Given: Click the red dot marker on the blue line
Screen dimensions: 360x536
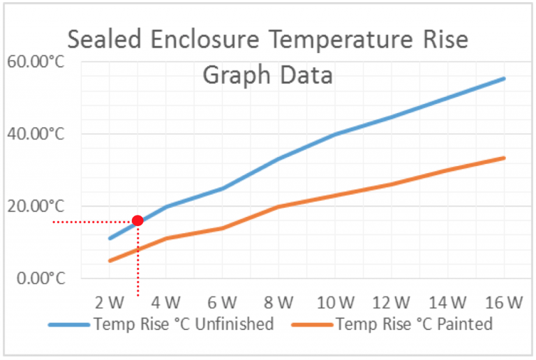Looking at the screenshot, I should click(137, 220).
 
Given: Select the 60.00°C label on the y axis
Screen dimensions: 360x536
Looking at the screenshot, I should click(36, 63).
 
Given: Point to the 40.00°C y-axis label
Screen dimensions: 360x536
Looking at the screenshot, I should click(36, 134).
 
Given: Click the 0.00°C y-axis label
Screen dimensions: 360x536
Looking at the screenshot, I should click(39, 278).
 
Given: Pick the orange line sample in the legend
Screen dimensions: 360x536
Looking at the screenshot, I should click(311, 324).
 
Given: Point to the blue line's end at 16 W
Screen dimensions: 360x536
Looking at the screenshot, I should click(504, 78).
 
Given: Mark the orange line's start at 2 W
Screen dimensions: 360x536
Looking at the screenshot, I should click(110, 261).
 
